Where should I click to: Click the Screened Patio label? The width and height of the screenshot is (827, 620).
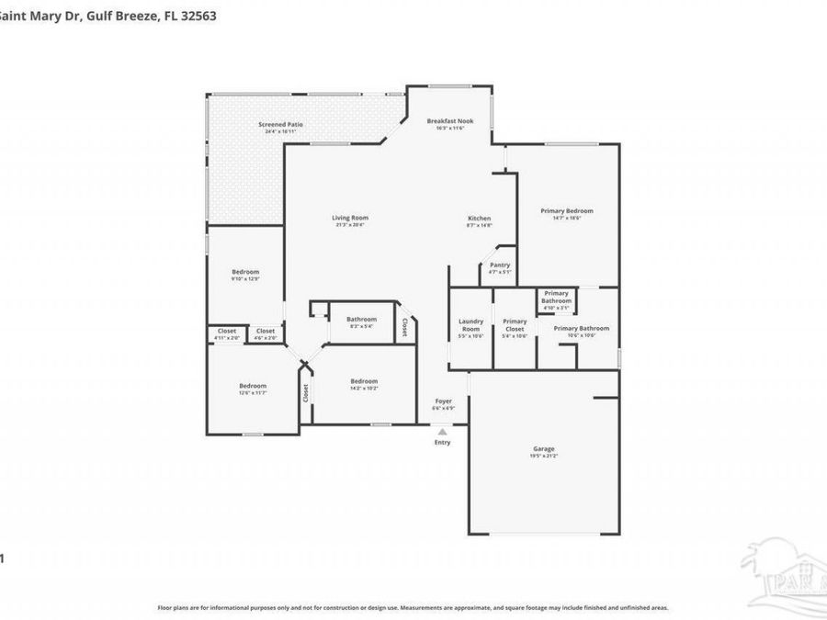coord(280,124)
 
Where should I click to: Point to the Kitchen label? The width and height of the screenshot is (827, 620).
coord(479,218)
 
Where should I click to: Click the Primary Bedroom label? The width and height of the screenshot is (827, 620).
coord(567,210)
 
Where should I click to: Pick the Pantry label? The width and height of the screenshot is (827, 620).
coord(499,265)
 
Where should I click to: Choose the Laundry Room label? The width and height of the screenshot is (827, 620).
coord(470,325)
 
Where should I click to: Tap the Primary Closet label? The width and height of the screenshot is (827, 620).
coord(515,325)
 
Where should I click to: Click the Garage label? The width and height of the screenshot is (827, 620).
coord(543,449)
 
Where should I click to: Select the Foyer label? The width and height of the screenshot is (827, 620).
coord(443,400)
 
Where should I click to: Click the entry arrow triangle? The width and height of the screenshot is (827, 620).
coord(443,431)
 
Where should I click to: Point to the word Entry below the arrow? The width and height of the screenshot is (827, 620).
coord(443,442)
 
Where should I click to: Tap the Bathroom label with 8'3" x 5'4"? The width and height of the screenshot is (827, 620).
coord(361,319)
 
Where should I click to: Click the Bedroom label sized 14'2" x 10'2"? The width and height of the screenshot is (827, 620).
coord(364,381)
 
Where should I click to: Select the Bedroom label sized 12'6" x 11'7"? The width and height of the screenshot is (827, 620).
coord(253,386)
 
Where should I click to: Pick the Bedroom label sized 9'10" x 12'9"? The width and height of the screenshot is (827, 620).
coord(244,272)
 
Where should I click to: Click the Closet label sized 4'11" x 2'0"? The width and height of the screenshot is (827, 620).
coord(227,331)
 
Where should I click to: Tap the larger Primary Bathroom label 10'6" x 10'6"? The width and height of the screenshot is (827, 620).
coord(581,328)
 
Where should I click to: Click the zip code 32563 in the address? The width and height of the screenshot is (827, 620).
coord(199,16)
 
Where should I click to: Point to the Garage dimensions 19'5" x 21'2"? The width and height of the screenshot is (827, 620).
coord(543,456)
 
